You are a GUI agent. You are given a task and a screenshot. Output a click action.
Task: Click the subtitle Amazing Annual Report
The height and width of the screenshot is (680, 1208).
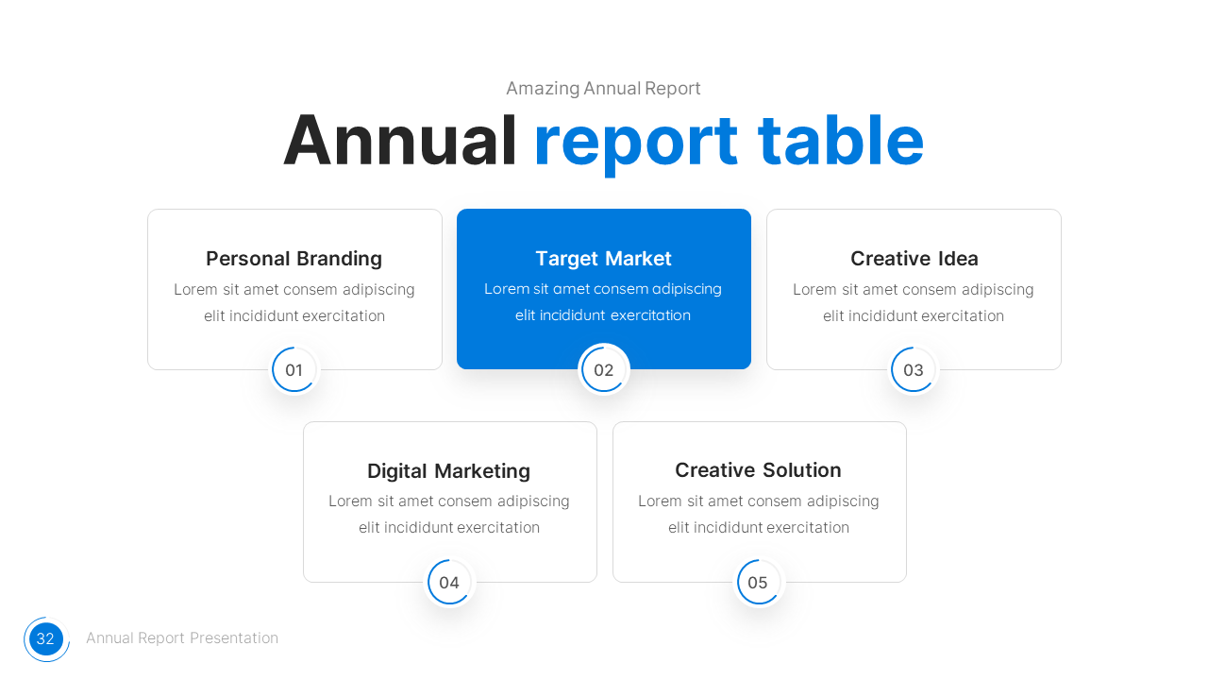pyautogui.click(x=603, y=89)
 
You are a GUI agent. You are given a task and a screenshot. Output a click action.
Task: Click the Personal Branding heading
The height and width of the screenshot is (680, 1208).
pyautogui.click(x=294, y=259)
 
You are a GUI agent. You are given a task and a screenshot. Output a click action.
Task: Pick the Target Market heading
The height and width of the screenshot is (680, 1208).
pyautogui.click(x=603, y=259)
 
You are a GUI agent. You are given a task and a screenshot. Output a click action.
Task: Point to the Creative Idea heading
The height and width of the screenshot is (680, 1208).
pyautogui.click(x=914, y=259)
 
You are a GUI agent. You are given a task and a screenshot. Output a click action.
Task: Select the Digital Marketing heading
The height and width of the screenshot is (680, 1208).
pyautogui.click(x=448, y=471)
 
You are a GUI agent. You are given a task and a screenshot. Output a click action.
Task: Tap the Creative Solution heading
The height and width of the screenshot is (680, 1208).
pyautogui.click(x=758, y=470)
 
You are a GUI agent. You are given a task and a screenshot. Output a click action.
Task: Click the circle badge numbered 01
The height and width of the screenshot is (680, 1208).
pyautogui.click(x=294, y=370)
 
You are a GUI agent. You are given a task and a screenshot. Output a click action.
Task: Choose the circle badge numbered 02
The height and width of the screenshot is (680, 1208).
pyautogui.click(x=604, y=370)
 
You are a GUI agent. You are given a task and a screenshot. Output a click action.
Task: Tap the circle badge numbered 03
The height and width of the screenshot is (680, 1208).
pyautogui.click(x=914, y=370)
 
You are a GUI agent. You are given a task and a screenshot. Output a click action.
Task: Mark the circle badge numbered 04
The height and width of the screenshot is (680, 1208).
pyautogui.click(x=449, y=583)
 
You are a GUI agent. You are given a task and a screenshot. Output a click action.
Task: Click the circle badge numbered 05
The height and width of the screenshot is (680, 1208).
pyautogui.click(x=758, y=583)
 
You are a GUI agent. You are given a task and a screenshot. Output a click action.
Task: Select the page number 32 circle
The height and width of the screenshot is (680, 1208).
pyautogui.click(x=45, y=639)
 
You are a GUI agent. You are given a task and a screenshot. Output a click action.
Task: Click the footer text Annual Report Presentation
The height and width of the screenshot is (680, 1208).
pyautogui.click(x=182, y=638)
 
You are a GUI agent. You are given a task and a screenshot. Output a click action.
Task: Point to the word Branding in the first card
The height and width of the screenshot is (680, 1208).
pyautogui.click(x=339, y=259)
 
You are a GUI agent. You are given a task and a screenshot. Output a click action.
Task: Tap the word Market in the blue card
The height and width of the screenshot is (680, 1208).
pyautogui.click(x=638, y=259)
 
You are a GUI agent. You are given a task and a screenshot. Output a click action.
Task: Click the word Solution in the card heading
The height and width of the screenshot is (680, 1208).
pyautogui.click(x=799, y=470)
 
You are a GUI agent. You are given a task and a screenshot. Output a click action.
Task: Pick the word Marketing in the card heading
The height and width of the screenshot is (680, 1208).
pyautogui.click(x=484, y=471)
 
